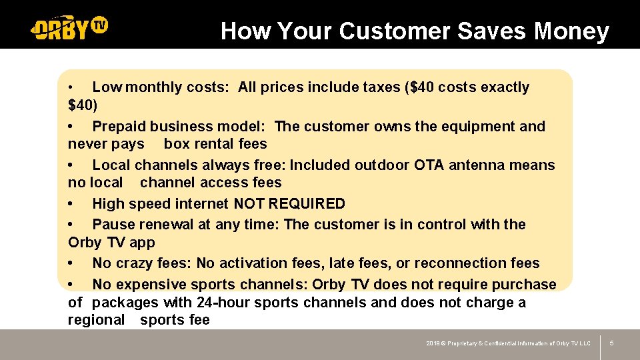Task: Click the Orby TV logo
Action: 69,27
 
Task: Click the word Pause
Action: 112,225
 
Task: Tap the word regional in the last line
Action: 96,320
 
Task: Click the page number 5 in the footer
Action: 611,343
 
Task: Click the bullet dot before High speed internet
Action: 71,204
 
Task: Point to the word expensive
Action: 148,285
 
